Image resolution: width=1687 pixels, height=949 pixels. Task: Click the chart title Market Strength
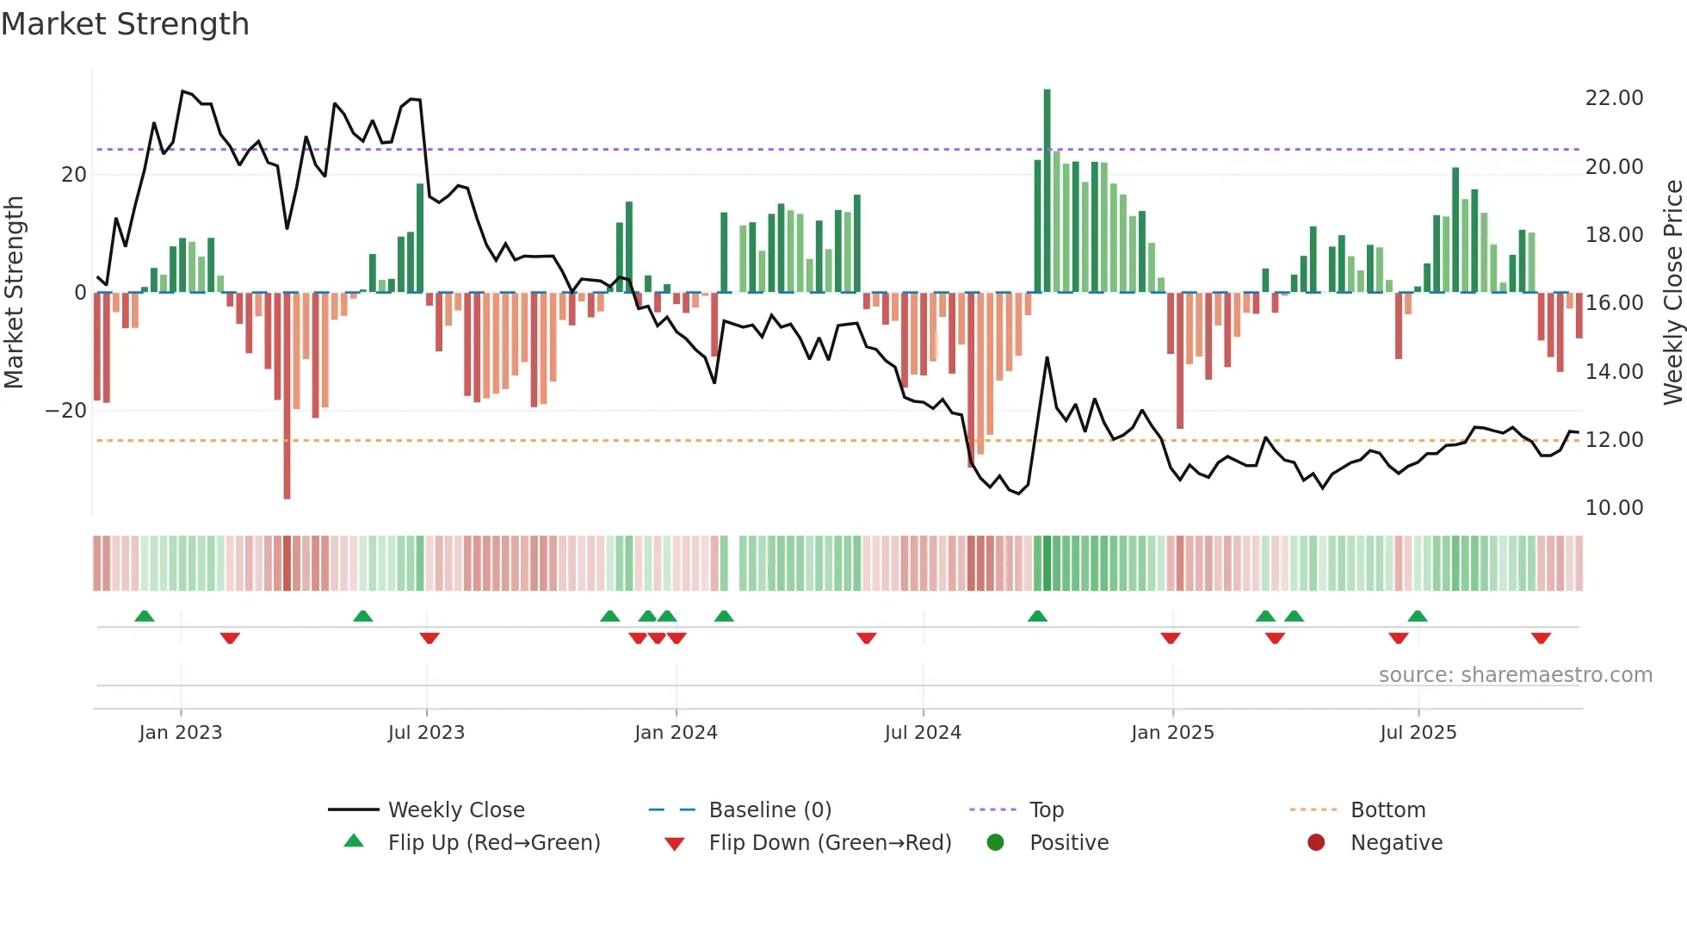pos(125,24)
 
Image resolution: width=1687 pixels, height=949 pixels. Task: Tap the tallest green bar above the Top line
pos(1047,172)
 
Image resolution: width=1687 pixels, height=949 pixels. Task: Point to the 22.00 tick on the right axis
pos(1614,98)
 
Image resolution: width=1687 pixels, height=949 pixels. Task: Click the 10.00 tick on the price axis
pos(1614,508)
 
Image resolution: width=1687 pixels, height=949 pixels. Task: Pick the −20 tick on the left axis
pos(66,411)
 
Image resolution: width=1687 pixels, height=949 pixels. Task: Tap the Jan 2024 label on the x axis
pos(676,733)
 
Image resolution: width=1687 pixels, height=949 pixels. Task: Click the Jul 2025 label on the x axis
pos(1418,733)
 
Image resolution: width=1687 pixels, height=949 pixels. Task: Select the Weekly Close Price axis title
pos(1672,293)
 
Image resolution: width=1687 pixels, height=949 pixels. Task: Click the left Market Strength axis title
pos(14,293)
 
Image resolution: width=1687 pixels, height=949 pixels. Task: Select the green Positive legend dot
pos(995,843)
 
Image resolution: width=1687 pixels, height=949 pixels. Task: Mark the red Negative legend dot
pos(1316,843)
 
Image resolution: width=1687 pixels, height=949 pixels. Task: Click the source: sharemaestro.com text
pos(1515,675)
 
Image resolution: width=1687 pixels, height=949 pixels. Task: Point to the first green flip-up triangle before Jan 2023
pos(145,617)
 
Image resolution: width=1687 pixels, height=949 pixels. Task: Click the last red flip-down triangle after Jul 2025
pos(1541,638)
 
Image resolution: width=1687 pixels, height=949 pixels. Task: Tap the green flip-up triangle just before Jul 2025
pos(1417,617)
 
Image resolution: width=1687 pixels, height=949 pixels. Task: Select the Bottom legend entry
pos(1387,810)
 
